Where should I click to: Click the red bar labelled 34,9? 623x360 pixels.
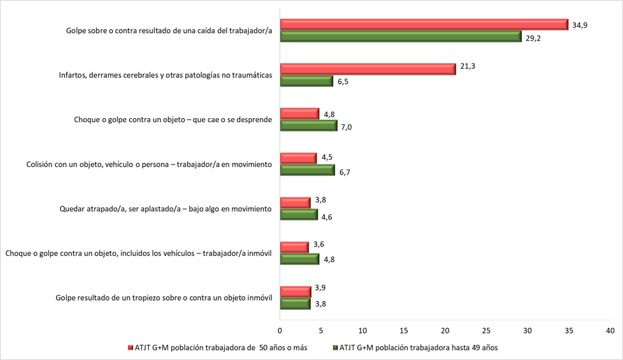pos(424,24)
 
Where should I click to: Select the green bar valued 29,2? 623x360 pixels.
pos(400,36)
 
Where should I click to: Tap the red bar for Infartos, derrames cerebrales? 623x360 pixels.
pos(367,69)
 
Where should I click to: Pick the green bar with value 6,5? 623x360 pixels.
pos(306,81)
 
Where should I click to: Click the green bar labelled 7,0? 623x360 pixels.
pos(309,125)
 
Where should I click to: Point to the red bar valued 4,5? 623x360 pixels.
pos(298,158)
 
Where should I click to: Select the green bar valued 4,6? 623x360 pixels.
pos(298,215)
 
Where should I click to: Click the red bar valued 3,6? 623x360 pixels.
pos(295,247)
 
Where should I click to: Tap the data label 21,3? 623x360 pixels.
pos(467,67)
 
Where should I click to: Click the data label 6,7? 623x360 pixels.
pos(345,172)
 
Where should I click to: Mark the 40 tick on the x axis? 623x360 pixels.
pos(610,330)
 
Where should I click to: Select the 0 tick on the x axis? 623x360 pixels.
pos(280,330)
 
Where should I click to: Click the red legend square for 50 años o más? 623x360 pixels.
pos(131,348)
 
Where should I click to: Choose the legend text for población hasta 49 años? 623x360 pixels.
pos(418,348)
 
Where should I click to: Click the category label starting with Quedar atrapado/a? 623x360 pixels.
pos(166,209)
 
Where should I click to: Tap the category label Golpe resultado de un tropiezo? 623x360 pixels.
pos(164,298)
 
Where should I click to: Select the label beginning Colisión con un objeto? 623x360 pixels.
pos(149,164)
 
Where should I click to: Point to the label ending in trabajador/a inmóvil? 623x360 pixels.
pos(139,253)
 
